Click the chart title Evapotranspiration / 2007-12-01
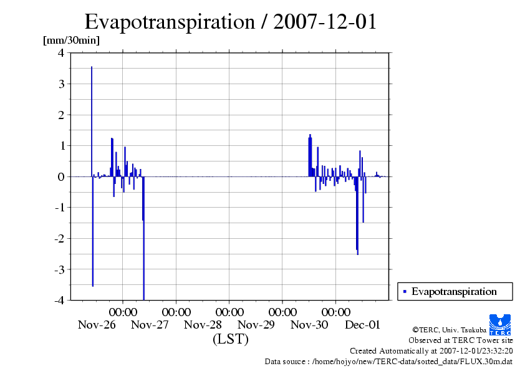pyautogui.click(x=231, y=22)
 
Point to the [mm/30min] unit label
pyautogui.click(x=71, y=41)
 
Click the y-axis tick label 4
pyautogui.click(x=60, y=53)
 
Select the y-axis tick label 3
pyautogui.click(x=60, y=84)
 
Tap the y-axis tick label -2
pyautogui.click(x=59, y=238)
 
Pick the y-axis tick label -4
pyautogui.click(x=59, y=300)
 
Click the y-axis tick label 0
pyautogui.click(x=60, y=176)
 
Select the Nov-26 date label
pyautogui.click(x=97, y=324)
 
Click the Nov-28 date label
pyautogui.click(x=203, y=324)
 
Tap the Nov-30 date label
pyautogui.click(x=309, y=324)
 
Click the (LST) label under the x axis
pyautogui.click(x=230, y=339)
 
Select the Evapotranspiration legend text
pyautogui.click(x=454, y=291)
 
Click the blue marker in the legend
pyautogui.click(x=405, y=291)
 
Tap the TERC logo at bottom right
pyautogui.click(x=501, y=324)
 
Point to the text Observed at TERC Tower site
pyautogui.click(x=460, y=340)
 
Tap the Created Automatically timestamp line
pyautogui.click(x=431, y=351)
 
